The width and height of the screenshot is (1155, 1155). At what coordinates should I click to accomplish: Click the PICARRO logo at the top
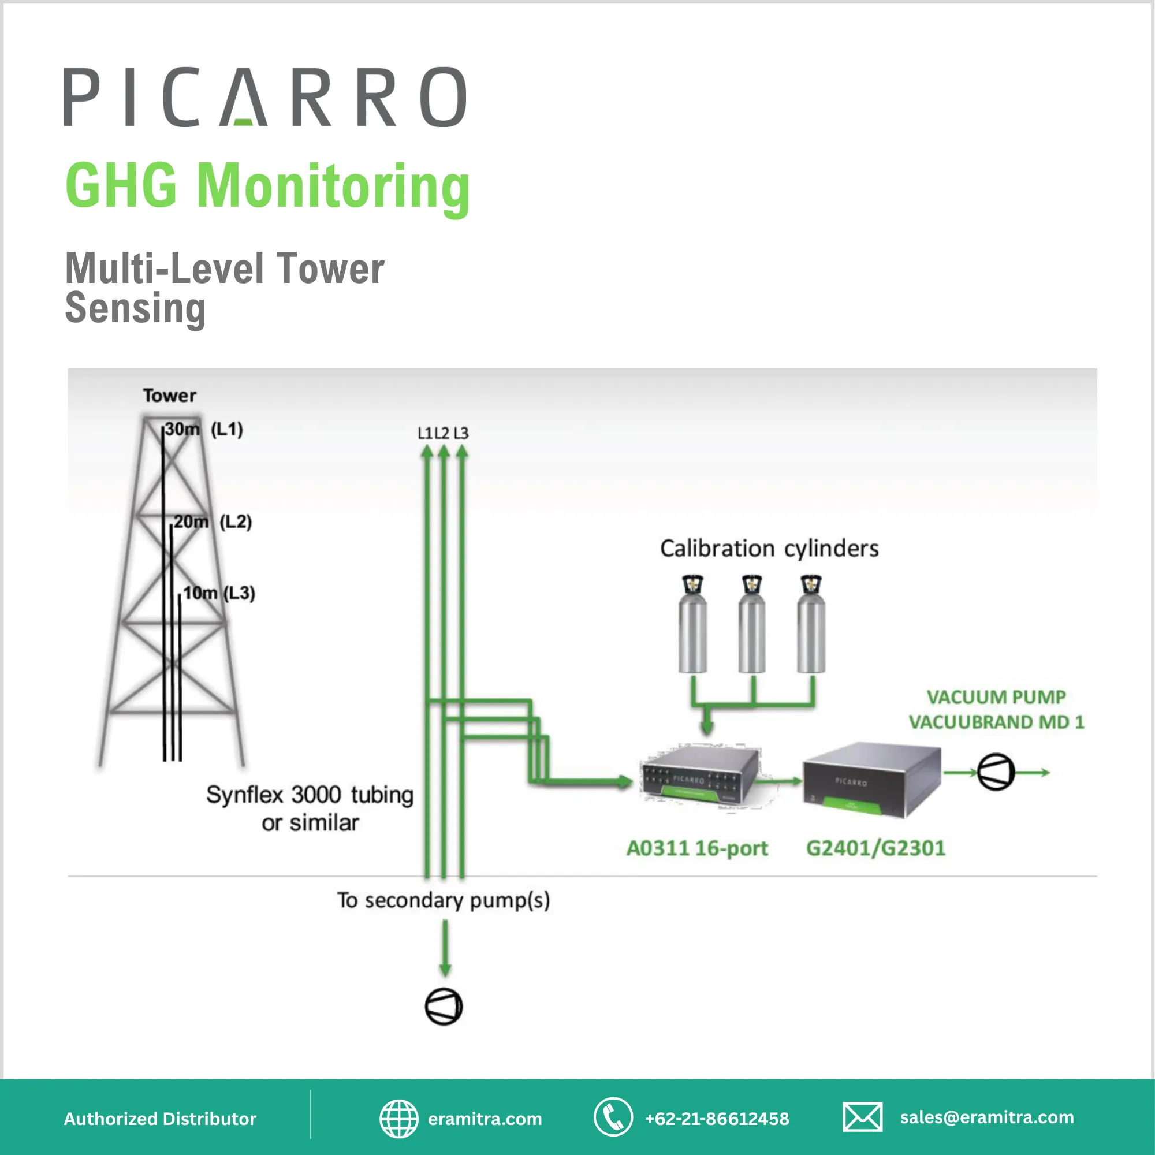tap(265, 97)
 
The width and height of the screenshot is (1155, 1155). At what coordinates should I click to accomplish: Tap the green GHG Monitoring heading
tap(267, 186)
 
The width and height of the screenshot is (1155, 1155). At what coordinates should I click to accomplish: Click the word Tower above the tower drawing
tap(169, 395)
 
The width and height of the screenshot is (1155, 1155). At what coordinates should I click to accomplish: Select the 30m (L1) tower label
tap(203, 429)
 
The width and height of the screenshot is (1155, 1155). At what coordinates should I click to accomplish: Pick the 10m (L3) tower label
tap(218, 593)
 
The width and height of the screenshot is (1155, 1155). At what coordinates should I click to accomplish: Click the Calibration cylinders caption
tap(769, 548)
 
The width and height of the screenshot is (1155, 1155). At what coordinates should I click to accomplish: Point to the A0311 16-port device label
tap(697, 848)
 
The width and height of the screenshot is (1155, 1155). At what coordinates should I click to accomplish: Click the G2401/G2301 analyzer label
tap(876, 848)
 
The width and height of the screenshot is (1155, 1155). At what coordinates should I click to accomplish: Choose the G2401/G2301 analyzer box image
tap(871, 780)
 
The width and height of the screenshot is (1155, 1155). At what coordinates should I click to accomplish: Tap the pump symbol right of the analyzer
tap(996, 772)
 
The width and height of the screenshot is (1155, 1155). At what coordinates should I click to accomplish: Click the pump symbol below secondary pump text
tap(444, 1007)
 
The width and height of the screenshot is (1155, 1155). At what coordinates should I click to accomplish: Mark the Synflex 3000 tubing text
tap(310, 808)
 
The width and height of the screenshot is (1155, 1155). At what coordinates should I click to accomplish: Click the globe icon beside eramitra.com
tap(398, 1119)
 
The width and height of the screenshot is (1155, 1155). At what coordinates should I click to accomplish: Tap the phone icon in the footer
tap(613, 1117)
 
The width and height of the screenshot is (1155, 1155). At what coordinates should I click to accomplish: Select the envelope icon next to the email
tap(862, 1117)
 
